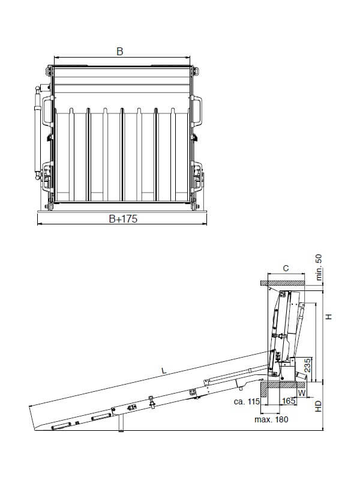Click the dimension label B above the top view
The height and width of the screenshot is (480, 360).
[x=119, y=52]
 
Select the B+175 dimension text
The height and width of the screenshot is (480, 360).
[x=123, y=220]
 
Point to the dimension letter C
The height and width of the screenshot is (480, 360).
[x=286, y=269]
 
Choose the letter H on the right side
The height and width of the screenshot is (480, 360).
[x=328, y=316]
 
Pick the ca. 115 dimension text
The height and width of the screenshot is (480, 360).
[x=246, y=401]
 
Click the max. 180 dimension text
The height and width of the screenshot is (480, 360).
[x=271, y=419]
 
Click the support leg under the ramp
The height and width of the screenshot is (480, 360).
[x=122, y=423]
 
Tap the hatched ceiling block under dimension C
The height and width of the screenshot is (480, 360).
[x=285, y=282]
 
